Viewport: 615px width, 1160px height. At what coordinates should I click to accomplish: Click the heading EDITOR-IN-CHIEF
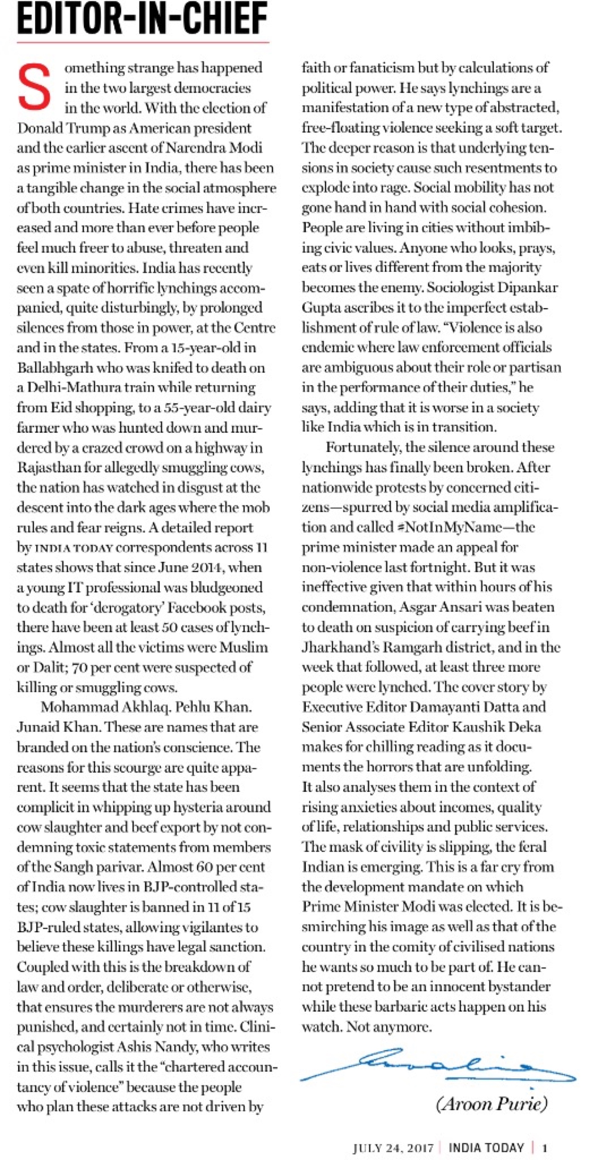142,19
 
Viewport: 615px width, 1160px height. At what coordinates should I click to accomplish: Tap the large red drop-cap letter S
34,87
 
